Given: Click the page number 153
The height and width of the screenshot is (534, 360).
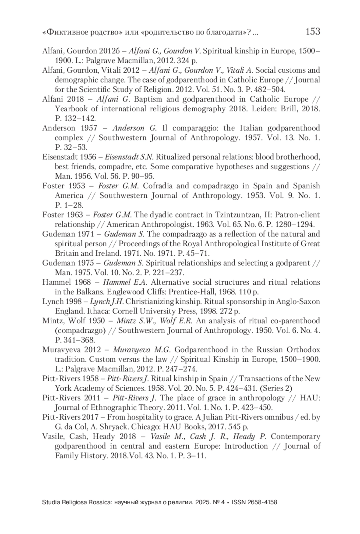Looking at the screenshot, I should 313,31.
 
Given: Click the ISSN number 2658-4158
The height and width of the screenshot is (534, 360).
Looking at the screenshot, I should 261,502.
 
